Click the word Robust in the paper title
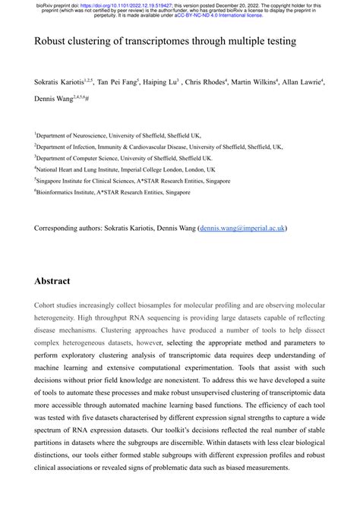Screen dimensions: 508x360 [52, 43]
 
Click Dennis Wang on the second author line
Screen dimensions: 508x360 [55, 99]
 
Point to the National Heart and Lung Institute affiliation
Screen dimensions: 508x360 [125, 170]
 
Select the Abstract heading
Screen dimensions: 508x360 [52, 280]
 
